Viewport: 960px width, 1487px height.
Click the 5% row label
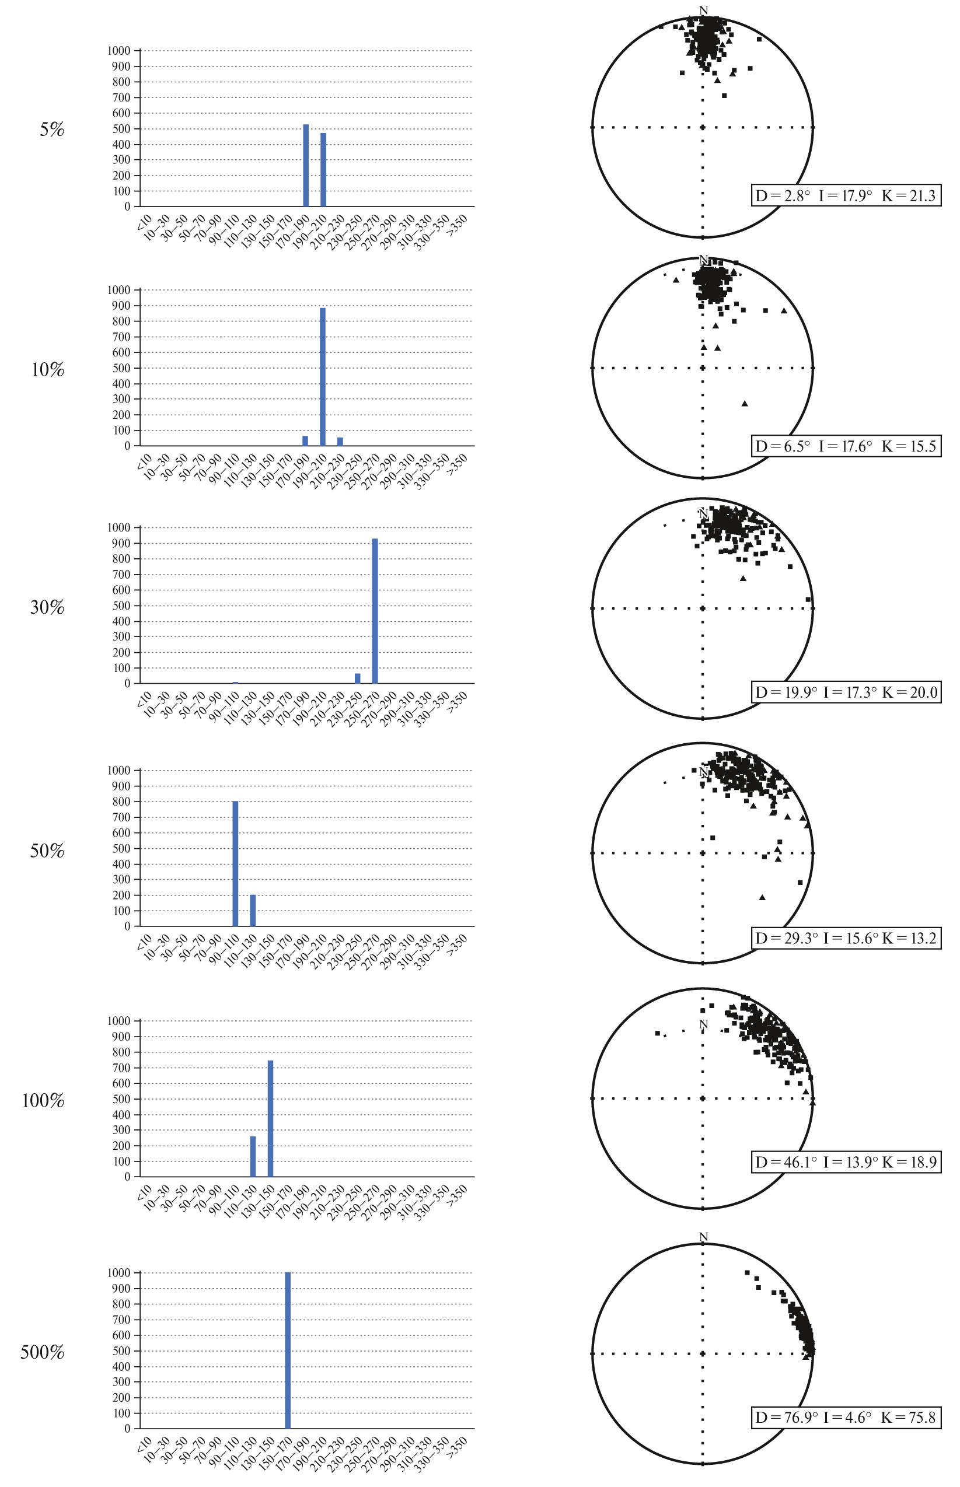click(x=53, y=130)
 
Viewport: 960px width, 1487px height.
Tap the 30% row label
click(x=47, y=607)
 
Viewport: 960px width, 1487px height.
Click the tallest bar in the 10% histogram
click(x=323, y=376)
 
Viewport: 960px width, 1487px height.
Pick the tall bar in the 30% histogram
click(x=375, y=611)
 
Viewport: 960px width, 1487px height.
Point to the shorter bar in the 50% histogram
click(x=253, y=910)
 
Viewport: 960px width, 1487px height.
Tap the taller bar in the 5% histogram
click(x=306, y=165)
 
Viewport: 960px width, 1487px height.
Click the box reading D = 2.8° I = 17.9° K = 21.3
click(x=846, y=195)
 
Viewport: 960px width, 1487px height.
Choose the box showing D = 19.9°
click(x=846, y=692)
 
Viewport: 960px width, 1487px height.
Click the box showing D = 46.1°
click(x=846, y=1163)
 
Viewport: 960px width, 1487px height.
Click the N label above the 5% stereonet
click(x=704, y=10)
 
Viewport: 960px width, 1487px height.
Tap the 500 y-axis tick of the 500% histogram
click(x=122, y=1350)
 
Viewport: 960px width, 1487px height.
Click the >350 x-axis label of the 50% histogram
click(x=459, y=943)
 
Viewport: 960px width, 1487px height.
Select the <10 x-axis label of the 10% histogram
click(x=144, y=463)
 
